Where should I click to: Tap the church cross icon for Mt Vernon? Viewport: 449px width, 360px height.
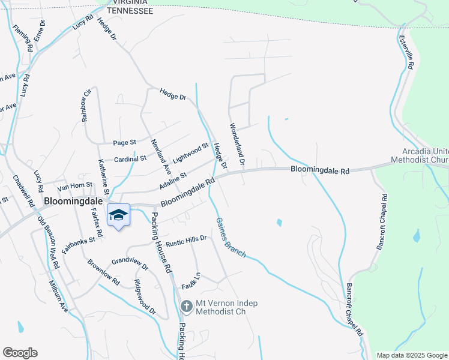tap(186, 307)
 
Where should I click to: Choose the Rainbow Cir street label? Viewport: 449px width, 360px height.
tap(86, 105)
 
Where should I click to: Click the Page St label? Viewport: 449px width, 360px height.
tap(125, 143)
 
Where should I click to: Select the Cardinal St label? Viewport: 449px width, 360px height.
tap(130, 158)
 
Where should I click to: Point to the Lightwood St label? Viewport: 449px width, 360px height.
tap(190, 154)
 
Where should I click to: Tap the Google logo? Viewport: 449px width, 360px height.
tap(20, 353)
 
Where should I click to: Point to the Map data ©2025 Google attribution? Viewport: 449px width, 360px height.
tap(412, 355)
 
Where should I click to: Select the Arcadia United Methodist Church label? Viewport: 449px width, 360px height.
tap(420, 156)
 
